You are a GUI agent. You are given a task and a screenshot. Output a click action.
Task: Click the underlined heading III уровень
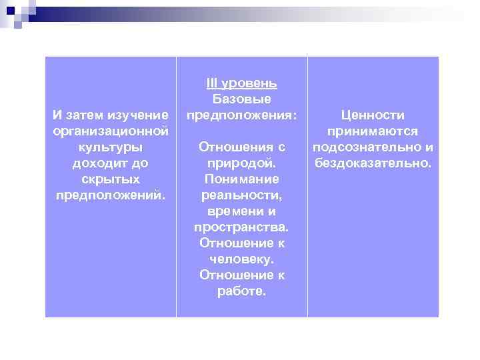pos(241,83)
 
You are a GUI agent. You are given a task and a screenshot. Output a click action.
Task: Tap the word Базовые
pos(241,99)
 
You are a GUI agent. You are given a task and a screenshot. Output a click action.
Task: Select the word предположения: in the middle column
pos(241,115)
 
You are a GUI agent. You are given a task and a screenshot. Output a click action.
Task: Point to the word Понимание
pos(241,179)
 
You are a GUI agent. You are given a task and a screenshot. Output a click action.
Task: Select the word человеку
pos(241,259)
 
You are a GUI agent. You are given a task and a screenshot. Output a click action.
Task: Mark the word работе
pos(241,291)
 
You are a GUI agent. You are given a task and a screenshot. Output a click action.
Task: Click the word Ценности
pos(373,115)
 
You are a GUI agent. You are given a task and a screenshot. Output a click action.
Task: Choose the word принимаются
pos(373,131)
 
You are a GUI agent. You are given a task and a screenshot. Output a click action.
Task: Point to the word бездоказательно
pos(373,163)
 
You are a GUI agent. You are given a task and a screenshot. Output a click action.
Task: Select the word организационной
pos(110,131)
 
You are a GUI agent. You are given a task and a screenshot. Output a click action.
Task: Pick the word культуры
pos(110,147)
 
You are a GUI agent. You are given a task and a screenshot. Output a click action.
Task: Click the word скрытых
pos(110,179)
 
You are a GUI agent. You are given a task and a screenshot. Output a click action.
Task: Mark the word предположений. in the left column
pos(110,195)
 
